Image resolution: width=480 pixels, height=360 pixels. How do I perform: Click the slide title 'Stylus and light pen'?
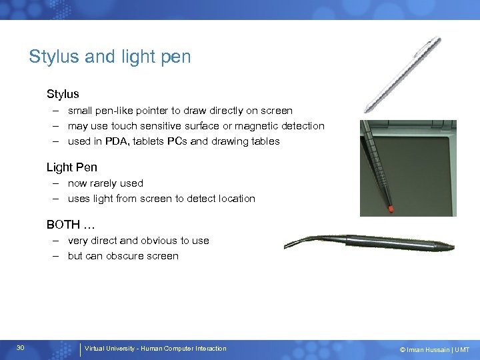109,57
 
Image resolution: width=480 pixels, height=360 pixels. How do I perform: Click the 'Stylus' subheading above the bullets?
63,94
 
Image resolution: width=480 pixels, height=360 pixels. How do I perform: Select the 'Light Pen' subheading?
71,167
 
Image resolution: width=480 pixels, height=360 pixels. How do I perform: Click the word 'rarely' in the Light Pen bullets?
106,183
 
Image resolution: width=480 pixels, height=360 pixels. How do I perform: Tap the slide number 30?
21,348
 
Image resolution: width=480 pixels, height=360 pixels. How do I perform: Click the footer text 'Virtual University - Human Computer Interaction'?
155,349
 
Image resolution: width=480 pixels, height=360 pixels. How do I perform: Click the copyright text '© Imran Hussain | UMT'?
434,349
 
